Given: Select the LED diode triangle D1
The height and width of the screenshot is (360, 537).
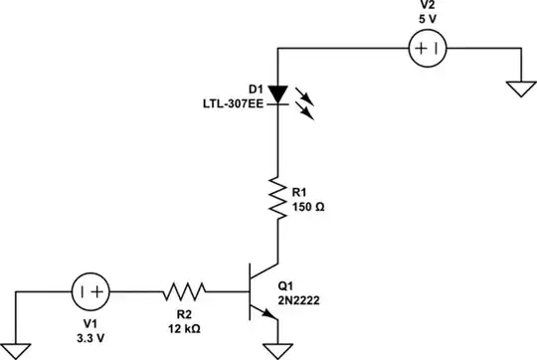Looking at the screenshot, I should click(x=279, y=94).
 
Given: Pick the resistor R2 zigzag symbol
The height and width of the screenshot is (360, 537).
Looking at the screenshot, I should click(x=184, y=292).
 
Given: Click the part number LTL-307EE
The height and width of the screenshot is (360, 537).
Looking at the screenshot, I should click(x=233, y=102).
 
